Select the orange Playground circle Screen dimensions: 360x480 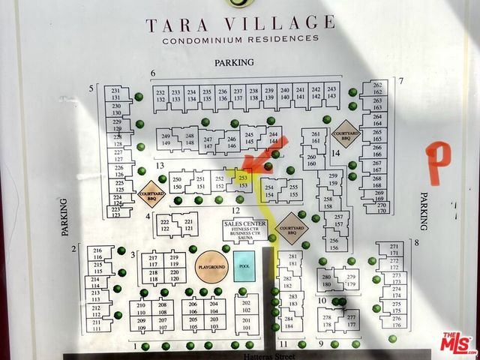[x=211, y=268]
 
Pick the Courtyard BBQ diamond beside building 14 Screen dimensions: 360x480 [x=346, y=133]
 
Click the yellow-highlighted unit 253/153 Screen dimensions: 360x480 [x=242, y=181]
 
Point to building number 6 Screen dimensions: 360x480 [x=152, y=73]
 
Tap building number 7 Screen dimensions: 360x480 [x=401, y=81]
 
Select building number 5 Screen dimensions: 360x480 [x=91, y=89]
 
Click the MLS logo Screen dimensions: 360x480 [x=456, y=343]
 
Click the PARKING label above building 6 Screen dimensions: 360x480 [x=234, y=63]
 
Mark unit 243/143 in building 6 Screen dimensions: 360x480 [x=331, y=93]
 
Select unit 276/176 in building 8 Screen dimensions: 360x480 [x=397, y=322]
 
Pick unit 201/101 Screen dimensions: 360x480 [x=246, y=322]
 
